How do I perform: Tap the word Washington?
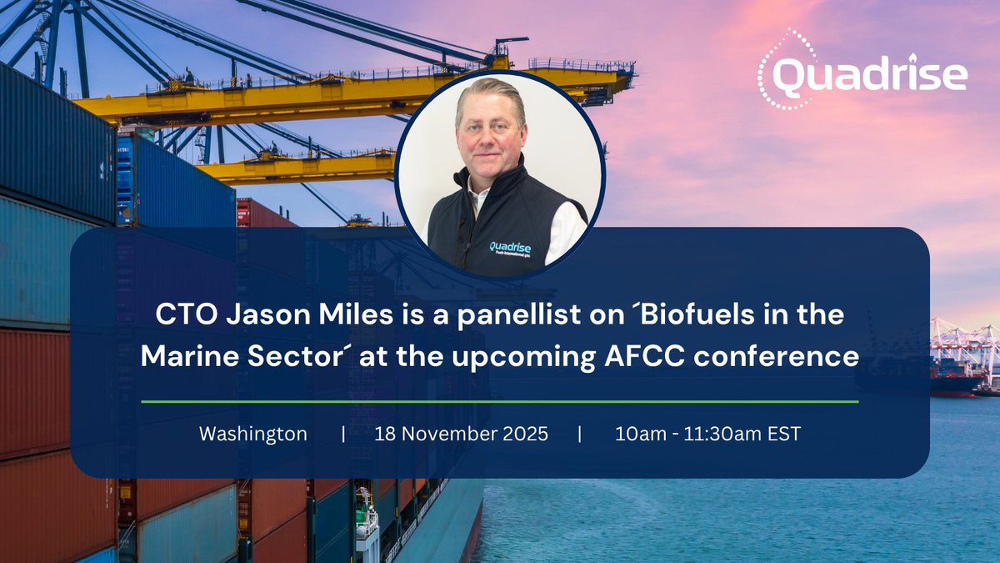click(253, 435)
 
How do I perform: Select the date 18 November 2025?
click(461, 435)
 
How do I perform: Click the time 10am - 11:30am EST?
click(707, 435)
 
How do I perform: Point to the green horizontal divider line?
click(500, 401)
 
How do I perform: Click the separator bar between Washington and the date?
click(343, 435)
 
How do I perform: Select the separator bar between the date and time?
click(579, 435)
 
